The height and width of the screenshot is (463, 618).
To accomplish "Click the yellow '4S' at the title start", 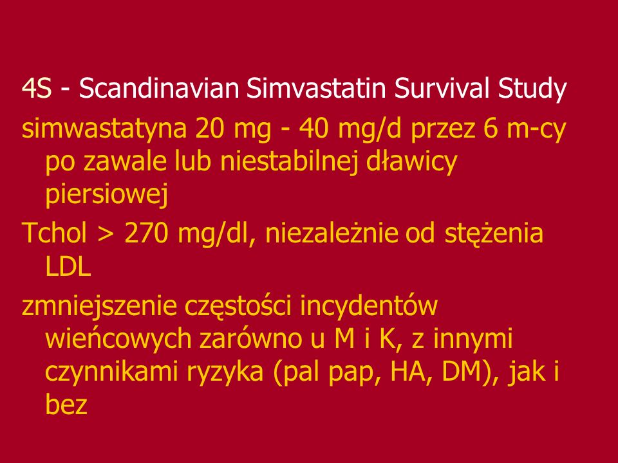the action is coord(37,89).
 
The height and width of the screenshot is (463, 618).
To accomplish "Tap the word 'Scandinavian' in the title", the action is coord(159,89).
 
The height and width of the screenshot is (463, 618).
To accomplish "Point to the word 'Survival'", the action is coord(442,89).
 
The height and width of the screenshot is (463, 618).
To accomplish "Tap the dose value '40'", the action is coord(314,129).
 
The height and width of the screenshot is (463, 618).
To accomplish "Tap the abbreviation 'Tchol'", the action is coord(54,233).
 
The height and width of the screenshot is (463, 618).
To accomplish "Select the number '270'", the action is coord(146,233).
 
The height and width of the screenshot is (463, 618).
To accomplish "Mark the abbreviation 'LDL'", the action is coord(68,267).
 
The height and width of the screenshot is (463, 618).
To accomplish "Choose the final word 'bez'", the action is coord(66,404).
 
